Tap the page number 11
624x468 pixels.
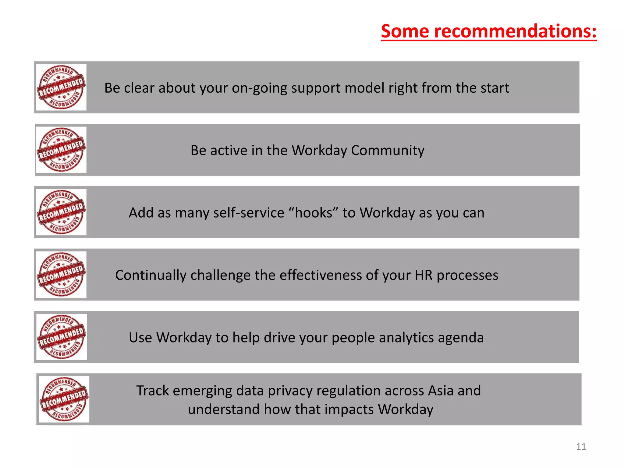pyautogui.click(x=581, y=446)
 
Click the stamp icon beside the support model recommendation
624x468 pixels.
pyautogui.click(x=61, y=87)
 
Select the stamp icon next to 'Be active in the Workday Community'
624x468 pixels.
pyautogui.click(x=61, y=150)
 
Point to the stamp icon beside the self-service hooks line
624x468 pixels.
pyautogui.click(x=61, y=212)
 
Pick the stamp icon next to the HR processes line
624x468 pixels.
pyautogui.click(x=61, y=275)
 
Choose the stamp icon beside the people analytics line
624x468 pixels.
pyautogui.click(x=61, y=337)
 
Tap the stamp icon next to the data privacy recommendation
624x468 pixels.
pyautogui.click(x=64, y=399)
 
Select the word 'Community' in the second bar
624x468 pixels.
pyautogui.click(x=388, y=150)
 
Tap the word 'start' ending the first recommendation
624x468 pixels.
pyautogui.click(x=495, y=88)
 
